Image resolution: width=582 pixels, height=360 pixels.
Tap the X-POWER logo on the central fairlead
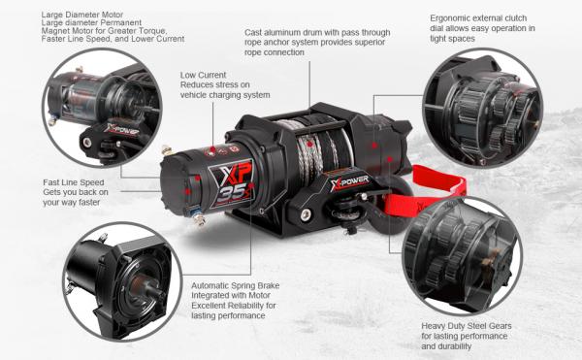pos(349,182)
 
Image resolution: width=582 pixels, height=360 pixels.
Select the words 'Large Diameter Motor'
pos(82,15)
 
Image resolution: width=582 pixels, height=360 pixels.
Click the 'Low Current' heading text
pos(203,75)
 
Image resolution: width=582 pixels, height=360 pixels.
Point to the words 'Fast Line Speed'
pos(74,182)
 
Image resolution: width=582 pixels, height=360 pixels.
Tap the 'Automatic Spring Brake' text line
pos(236,286)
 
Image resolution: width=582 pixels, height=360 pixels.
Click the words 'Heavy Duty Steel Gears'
pos(467,326)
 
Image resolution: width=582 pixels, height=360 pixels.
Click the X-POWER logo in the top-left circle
pos(121,130)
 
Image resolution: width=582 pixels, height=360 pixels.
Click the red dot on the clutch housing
pos(374,146)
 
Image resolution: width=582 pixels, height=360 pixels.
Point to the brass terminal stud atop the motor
pos(167,150)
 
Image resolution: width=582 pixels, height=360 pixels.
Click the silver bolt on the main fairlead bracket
pos(306,214)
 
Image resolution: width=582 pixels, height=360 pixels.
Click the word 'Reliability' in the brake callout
pos(245,306)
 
